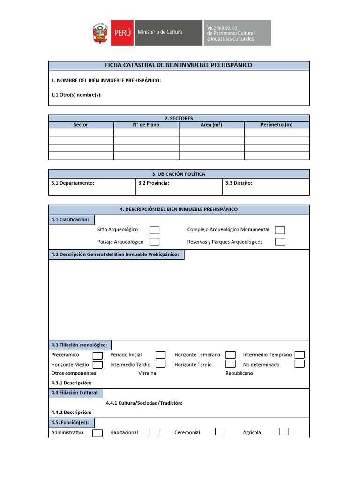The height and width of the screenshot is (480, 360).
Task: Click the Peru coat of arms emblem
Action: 100,33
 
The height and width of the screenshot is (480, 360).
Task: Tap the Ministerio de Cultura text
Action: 160,32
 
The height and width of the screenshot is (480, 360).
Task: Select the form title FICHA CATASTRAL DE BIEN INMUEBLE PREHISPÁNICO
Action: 179,65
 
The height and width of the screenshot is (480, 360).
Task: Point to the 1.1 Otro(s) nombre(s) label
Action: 76,95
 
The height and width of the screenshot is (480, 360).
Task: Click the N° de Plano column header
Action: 146,125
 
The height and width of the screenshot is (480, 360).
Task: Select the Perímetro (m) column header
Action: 277,125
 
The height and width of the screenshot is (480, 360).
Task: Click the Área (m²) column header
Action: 211,125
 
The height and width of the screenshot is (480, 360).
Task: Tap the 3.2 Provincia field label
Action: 154,183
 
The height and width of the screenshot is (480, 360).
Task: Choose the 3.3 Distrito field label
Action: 239,183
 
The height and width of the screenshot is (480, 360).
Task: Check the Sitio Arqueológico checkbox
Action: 154,230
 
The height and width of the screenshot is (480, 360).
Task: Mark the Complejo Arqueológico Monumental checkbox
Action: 280,230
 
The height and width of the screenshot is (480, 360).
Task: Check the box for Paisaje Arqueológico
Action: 154,241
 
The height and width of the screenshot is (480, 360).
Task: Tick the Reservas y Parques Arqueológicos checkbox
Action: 280,241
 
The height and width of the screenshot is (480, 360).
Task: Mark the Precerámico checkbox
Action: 97,355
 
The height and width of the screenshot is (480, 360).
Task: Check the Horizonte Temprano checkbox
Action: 230,355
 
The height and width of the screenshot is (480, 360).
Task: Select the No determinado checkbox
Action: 300,364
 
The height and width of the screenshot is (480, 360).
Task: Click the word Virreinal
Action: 148,373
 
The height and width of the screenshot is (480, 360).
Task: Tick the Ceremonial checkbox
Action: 220,432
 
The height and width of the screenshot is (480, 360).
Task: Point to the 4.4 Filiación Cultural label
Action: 75,393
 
